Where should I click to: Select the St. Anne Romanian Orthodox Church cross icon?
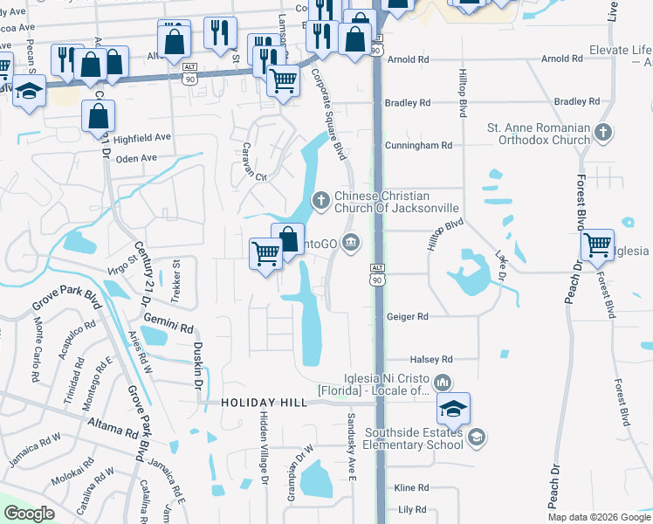[x=602, y=134]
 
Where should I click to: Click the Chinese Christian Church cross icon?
[x=321, y=202]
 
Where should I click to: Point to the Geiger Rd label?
[x=407, y=317]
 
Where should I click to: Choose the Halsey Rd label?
[x=432, y=359]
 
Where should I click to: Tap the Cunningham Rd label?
[x=422, y=146]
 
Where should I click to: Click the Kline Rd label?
[x=411, y=487]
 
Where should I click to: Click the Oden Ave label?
[x=136, y=158]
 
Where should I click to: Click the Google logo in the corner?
[x=30, y=514]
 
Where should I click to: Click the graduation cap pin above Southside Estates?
[x=453, y=409]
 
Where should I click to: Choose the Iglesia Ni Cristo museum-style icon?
[x=442, y=382]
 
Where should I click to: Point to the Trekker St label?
[x=175, y=281]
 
